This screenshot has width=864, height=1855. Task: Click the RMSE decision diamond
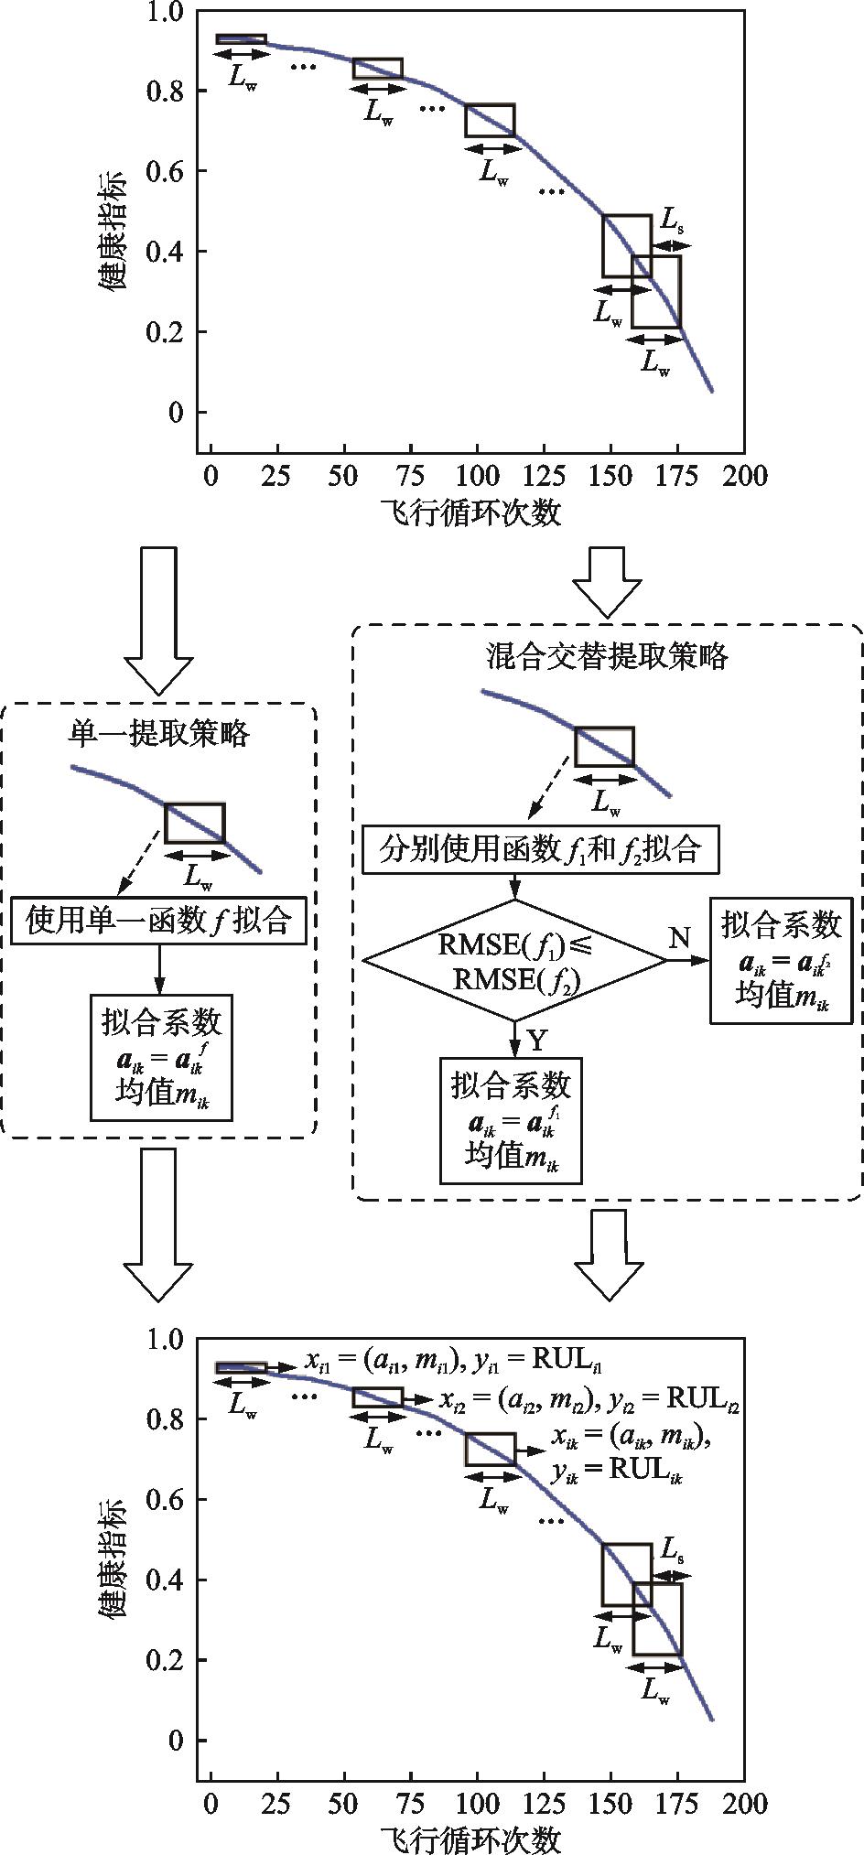(514, 960)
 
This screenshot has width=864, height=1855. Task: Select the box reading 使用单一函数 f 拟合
(159, 920)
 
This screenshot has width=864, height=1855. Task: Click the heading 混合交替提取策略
(607, 656)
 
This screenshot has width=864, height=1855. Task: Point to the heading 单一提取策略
(159, 732)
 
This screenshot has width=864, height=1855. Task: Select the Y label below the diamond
(537, 1040)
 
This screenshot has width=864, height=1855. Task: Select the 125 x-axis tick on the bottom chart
(546, 1804)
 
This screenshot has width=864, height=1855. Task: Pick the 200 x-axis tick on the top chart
(743, 476)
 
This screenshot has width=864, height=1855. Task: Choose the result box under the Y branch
(512, 1120)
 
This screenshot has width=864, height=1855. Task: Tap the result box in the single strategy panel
(161, 1057)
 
